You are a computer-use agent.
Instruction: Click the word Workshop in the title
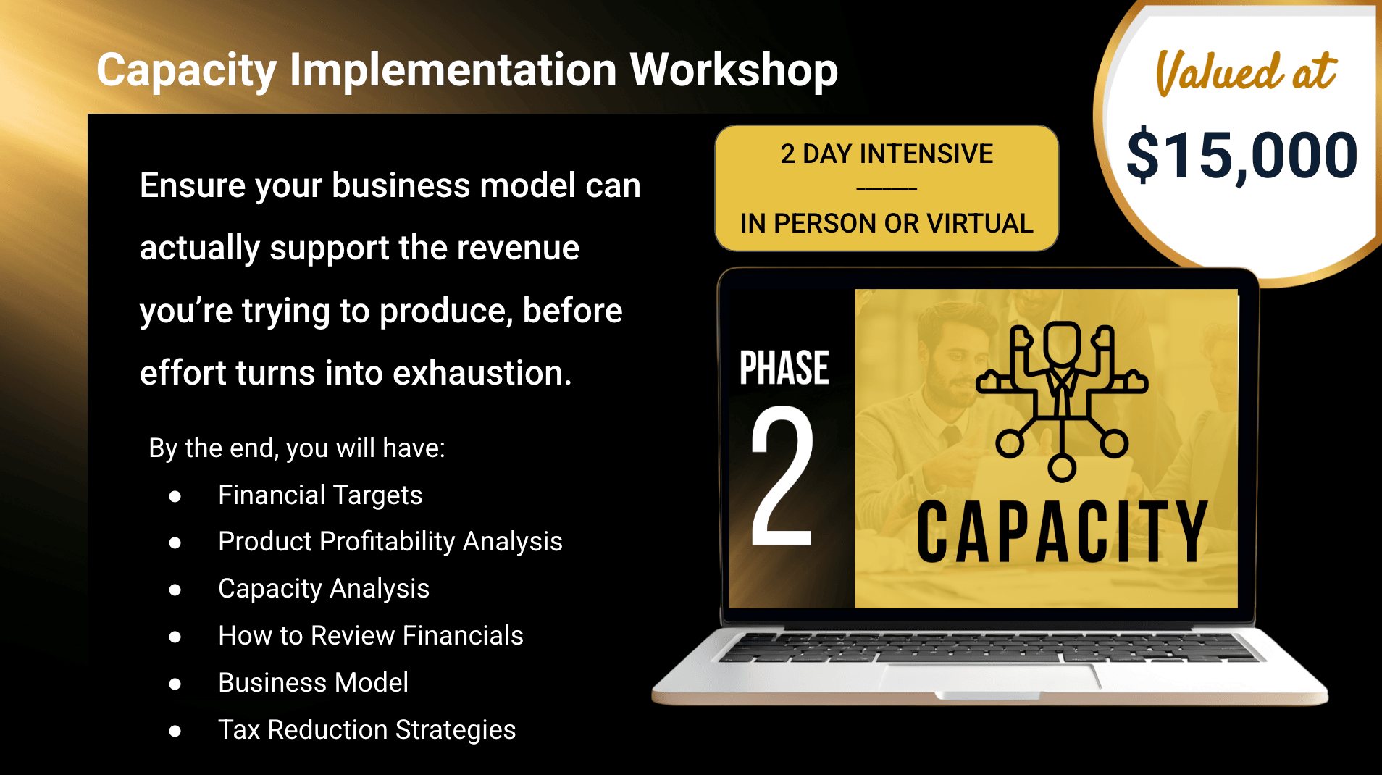click(734, 71)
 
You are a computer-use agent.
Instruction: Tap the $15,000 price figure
click(1242, 155)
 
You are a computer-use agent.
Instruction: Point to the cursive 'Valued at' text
click(1246, 72)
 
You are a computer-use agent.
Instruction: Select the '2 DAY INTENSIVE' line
click(887, 154)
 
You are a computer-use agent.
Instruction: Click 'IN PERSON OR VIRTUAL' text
click(887, 224)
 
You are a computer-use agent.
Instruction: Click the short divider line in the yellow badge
click(887, 189)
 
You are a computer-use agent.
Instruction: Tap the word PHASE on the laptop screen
click(784, 368)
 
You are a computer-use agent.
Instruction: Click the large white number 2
click(782, 474)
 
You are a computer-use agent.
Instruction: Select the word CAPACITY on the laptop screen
click(1063, 532)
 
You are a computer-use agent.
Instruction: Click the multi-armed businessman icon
click(1062, 401)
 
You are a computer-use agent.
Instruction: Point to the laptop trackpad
click(991, 676)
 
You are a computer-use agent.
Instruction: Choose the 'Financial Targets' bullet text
click(320, 495)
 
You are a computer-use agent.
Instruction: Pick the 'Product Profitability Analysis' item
click(390, 542)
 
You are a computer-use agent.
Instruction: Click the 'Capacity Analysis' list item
click(324, 590)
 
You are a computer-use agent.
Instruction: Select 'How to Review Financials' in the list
click(371, 636)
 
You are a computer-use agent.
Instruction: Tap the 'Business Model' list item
click(314, 683)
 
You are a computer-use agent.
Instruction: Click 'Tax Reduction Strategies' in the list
click(367, 730)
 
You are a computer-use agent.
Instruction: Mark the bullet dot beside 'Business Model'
click(175, 684)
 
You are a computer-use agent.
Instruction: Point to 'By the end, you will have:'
click(297, 448)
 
